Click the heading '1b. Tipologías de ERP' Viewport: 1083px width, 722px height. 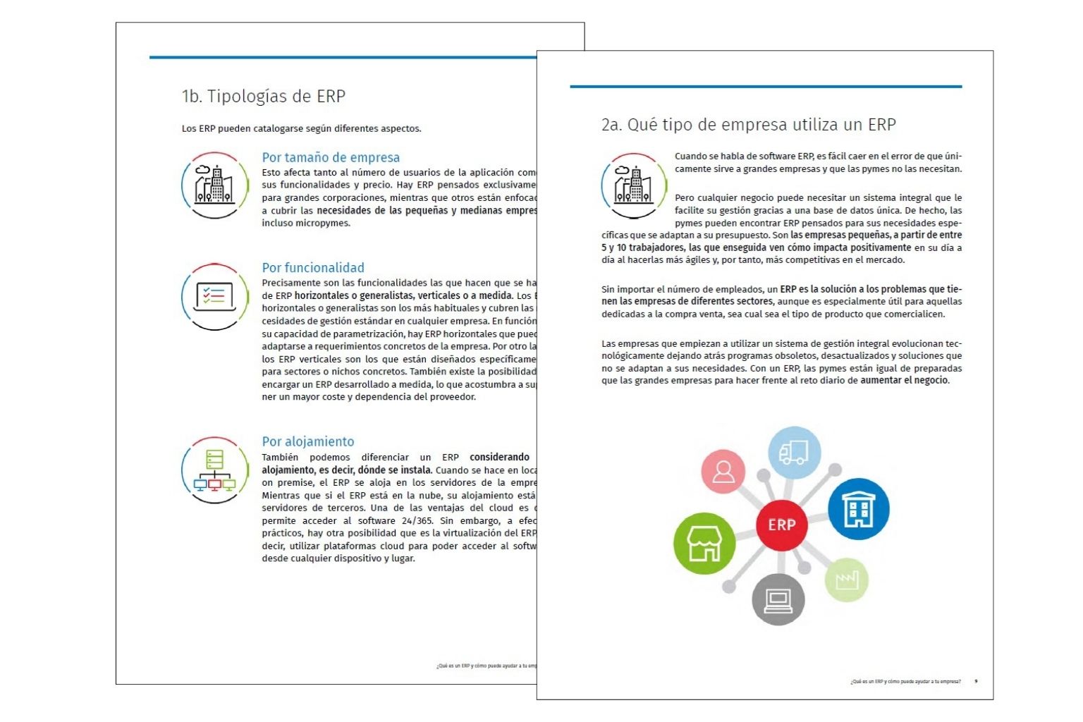pos(263,97)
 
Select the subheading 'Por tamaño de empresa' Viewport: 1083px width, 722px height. pos(331,157)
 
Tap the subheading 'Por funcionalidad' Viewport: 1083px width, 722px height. pos(313,267)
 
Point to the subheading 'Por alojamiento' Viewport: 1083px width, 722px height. pos(308,441)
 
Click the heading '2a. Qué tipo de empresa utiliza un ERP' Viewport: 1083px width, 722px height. pos(748,125)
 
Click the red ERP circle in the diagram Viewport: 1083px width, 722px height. pos(781,525)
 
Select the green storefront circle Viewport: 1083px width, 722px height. pos(704,543)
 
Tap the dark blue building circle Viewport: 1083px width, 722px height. pos(858,508)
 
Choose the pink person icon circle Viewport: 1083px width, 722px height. pos(723,471)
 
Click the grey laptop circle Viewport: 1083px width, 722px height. pos(778,599)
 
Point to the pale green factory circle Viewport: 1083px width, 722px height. pos(846,580)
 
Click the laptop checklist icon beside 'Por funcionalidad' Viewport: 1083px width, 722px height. pos(214,297)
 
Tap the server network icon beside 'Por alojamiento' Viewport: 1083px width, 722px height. pos(214,470)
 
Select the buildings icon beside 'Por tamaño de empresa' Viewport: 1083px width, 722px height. pos(214,185)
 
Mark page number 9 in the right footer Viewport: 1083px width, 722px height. pos(976,681)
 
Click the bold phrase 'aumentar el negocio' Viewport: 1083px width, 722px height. pos(904,381)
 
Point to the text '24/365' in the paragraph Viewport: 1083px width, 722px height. pos(417,521)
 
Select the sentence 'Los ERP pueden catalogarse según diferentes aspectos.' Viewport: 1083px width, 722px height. pos(301,128)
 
